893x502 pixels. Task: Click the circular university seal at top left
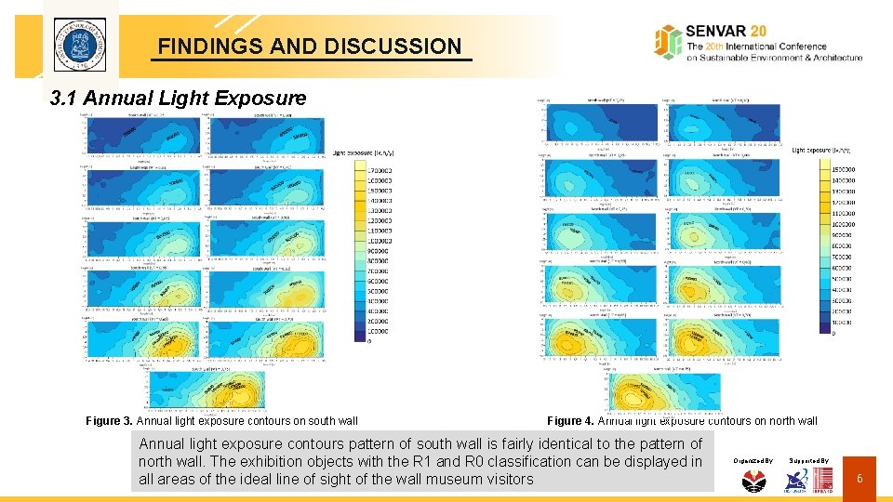[x=79, y=45]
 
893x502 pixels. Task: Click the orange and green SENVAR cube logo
[x=667, y=42]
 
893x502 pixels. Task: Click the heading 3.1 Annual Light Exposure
[x=178, y=98]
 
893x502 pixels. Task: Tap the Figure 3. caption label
[x=109, y=421]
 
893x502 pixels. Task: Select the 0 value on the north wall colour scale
[x=833, y=332]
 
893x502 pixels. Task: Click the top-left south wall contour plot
[x=142, y=136]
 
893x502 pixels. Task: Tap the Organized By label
[x=753, y=460]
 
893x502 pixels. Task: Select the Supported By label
[x=809, y=460]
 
